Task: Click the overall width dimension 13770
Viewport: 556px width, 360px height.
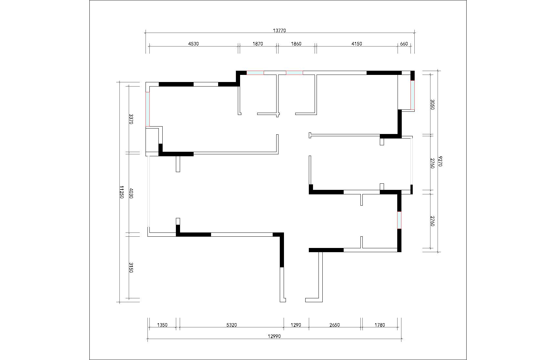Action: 279,31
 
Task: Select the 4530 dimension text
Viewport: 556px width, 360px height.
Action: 194,44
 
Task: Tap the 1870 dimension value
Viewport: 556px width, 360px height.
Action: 258,44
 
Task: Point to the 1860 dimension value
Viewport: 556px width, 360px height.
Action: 296,44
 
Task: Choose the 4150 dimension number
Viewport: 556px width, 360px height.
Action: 357,44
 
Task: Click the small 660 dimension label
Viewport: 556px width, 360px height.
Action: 404,44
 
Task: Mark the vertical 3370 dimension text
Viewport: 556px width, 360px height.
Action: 131,119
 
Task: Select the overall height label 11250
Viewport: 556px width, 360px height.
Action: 122,192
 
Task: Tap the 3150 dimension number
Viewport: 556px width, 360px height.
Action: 131,267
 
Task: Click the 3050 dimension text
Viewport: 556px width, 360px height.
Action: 432,104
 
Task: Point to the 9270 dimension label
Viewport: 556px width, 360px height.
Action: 440,161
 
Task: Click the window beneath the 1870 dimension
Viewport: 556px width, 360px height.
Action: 255,73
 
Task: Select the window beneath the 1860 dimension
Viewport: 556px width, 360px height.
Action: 294,73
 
